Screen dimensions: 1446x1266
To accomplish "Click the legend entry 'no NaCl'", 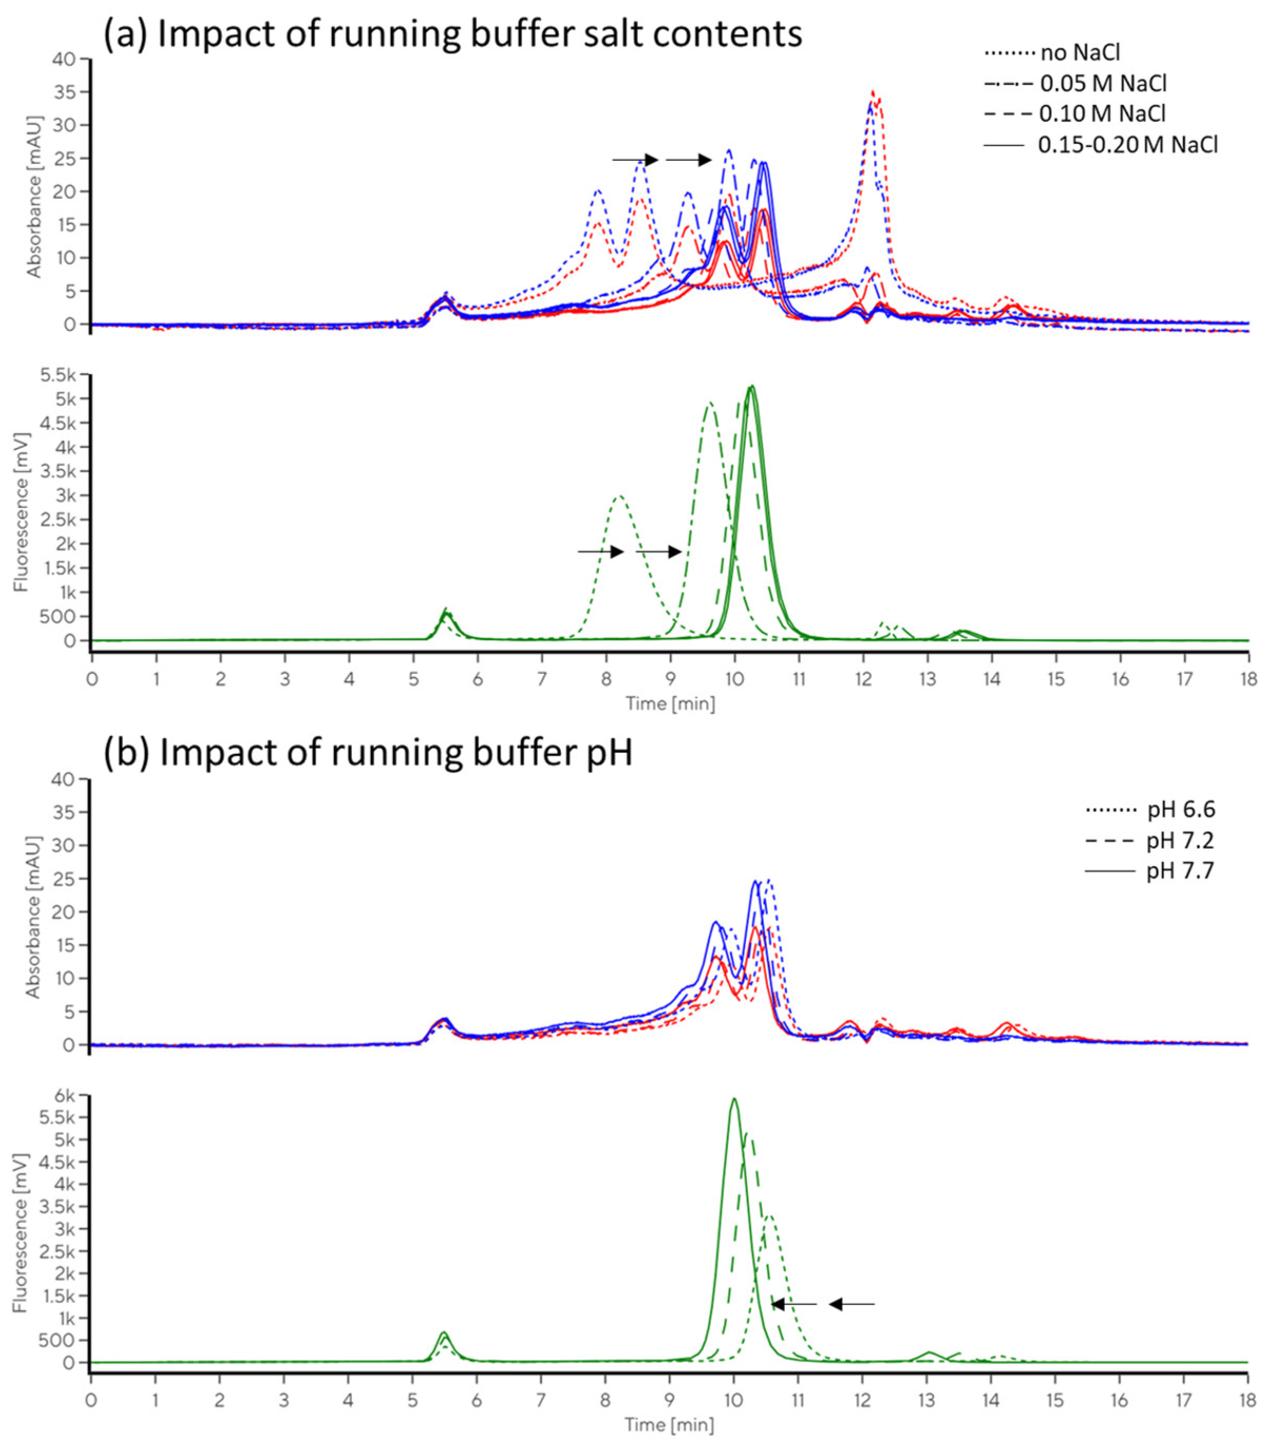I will [x=1080, y=52].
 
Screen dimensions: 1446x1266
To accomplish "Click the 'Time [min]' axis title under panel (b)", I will [x=669, y=1425].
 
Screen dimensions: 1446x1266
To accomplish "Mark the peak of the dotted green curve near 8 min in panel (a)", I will [x=619, y=496].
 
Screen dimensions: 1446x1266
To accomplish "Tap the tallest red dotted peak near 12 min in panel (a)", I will [x=873, y=93].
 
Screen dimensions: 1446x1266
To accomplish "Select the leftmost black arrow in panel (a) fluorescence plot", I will [x=600, y=551].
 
